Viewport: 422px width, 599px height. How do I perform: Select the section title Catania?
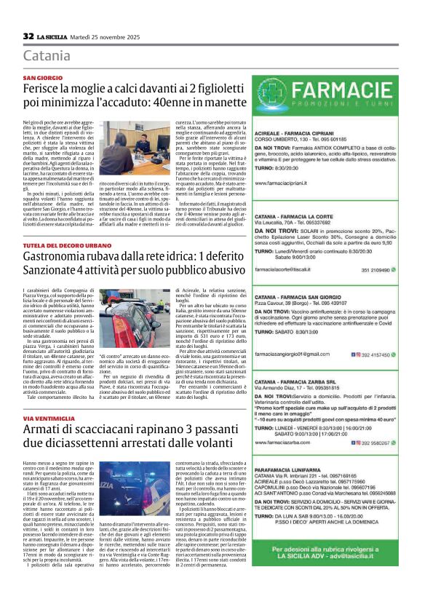click(47, 56)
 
